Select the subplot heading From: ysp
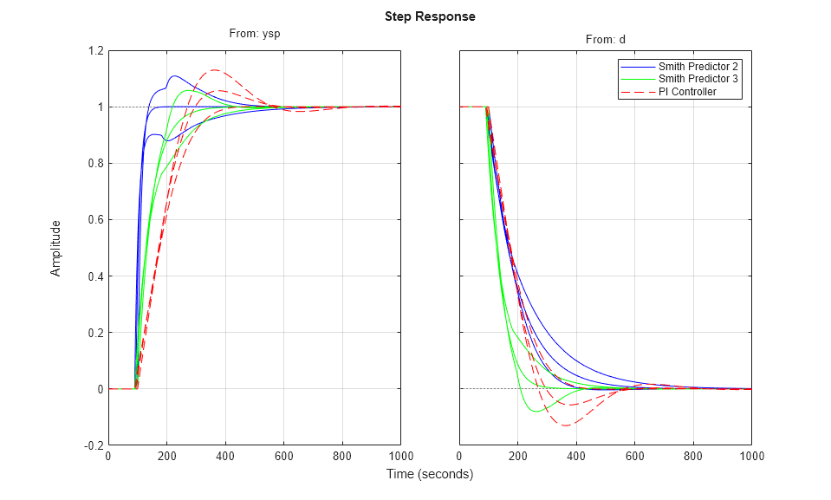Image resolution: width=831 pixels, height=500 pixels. pyautogui.click(x=254, y=35)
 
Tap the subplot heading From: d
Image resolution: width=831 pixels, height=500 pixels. pyautogui.click(x=604, y=40)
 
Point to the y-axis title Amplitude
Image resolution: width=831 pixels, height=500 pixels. pyautogui.click(x=56, y=248)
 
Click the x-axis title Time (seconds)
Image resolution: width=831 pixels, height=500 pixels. pyautogui.click(x=430, y=474)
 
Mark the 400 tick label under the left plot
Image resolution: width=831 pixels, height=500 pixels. pyautogui.click(x=224, y=457)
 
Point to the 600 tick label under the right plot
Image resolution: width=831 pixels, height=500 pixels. pyautogui.click(x=635, y=457)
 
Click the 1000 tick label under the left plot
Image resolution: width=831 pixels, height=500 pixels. pyautogui.click(x=400, y=457)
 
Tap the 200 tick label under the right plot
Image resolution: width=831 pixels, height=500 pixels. pyautogui.click(x=517, y=457)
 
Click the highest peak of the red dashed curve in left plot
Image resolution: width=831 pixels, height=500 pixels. pyautogui.click(x=213, y=70)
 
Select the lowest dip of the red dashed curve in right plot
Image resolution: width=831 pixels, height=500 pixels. pyautogui.click(x=566, y=425)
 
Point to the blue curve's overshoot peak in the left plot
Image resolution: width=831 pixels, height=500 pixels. pyautogui.click(x=174, y=76)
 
